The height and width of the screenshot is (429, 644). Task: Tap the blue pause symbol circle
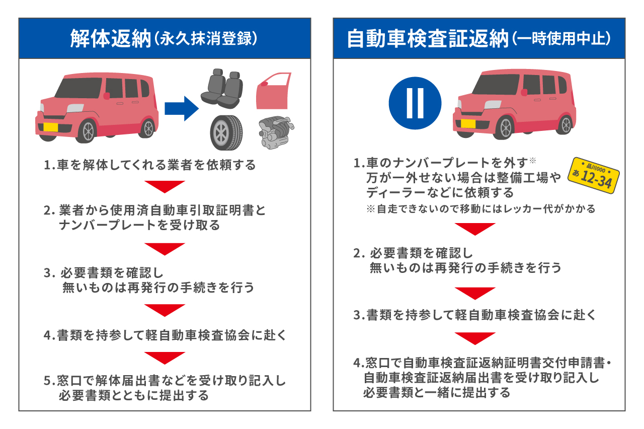(x=415, y=103)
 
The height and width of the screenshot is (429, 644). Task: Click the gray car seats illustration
(x=222, y=89)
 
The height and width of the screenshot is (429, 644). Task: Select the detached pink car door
(x=274, y=91)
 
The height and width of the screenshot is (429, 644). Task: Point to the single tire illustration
(x=226, y=132)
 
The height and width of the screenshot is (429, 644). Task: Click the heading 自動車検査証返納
(x=428, y=39)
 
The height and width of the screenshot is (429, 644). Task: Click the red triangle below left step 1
(x=165, y=186)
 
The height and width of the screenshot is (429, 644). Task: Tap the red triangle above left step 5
(x=165, y=357)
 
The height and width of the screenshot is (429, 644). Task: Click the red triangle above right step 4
(x=475, y=338)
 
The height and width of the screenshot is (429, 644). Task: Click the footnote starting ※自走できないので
(x=480, y=208)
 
